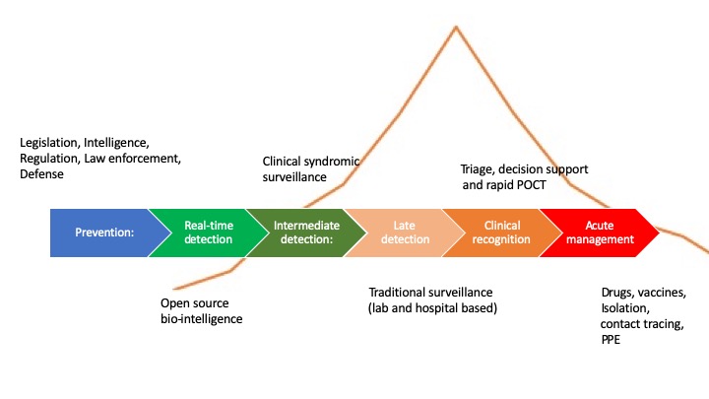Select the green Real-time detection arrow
coord(208,233)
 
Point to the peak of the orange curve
coord(456,26)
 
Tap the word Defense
coord(41,174)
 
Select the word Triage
coord(480,168)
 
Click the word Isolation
coord(626,308)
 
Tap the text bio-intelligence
coord(201,319)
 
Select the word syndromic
coord(334,161)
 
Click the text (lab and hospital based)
coord(432,308)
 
